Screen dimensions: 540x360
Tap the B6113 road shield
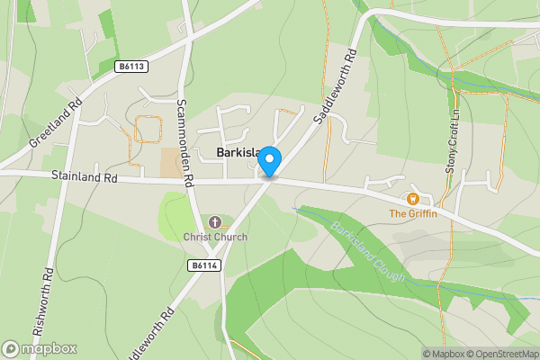coord(131,67)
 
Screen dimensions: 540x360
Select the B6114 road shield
coord(206,265)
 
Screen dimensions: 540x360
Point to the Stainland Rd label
coord(85,179)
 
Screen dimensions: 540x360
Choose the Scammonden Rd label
coord(186,142)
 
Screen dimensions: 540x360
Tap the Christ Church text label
coord(215,237)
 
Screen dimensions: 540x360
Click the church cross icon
coord(215,222)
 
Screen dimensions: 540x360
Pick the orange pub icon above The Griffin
coord(413,198)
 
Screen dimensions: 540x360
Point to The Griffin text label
coord(413,213)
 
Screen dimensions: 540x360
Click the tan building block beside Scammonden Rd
coord(170,163)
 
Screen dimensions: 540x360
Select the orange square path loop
coord(148,130)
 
